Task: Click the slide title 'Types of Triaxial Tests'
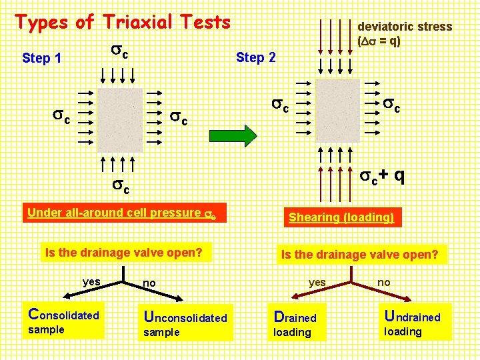(123, 22)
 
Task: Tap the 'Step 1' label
(41, 58)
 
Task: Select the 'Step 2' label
(255, 57)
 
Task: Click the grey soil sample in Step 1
(120, 120)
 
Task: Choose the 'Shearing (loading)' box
(341, 217)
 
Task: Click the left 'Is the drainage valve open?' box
(123, 252)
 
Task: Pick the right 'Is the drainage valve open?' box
(359, 254)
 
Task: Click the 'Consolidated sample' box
(63, 321)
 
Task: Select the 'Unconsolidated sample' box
(185, 323)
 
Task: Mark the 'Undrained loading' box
(413, 322)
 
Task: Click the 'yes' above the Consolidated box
(91, 282)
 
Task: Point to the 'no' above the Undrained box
(384, 283)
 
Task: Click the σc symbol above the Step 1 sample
(117, 51)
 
